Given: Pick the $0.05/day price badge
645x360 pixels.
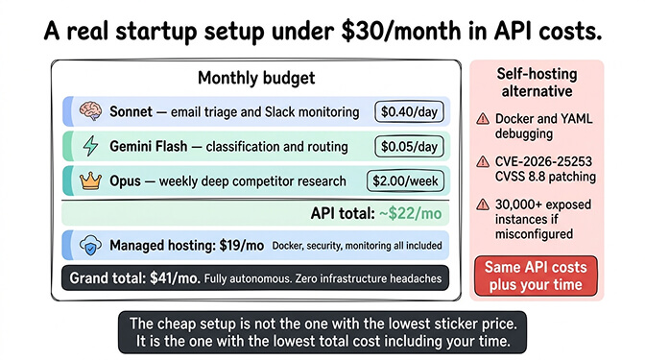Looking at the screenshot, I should [x=410, y=147].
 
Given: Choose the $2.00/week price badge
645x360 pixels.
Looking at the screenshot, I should [x=406, y=180].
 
